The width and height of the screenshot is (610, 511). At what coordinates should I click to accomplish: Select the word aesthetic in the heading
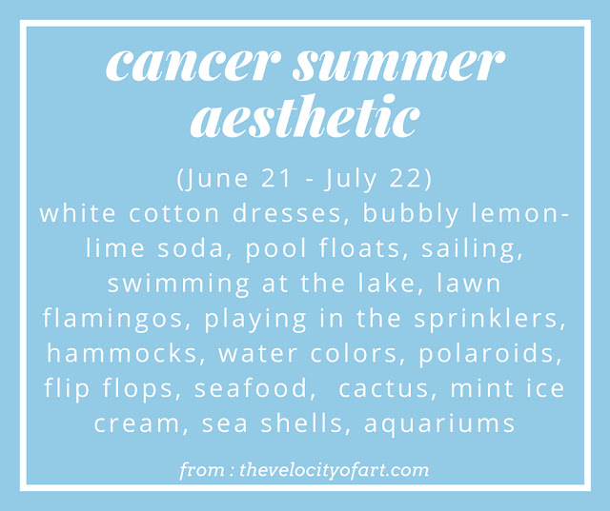tap(305, 116)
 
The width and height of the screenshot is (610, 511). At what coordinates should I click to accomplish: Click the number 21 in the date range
tap(276, 178)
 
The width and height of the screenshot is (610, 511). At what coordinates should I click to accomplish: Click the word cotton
tap(173, 214)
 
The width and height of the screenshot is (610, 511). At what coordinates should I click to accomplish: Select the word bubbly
tap(411, 214)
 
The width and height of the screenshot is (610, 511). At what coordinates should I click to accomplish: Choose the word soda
tap(191, 247)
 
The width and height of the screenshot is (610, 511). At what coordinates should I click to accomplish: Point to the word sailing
tap(472, 249)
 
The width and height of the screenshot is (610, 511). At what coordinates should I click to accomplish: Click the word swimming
tap(178, 285)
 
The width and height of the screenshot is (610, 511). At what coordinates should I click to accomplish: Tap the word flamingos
tap(112, 319)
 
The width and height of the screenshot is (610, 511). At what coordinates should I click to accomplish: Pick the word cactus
tap(383, 388)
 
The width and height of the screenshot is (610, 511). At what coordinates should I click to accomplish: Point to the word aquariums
tap(439, 424)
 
